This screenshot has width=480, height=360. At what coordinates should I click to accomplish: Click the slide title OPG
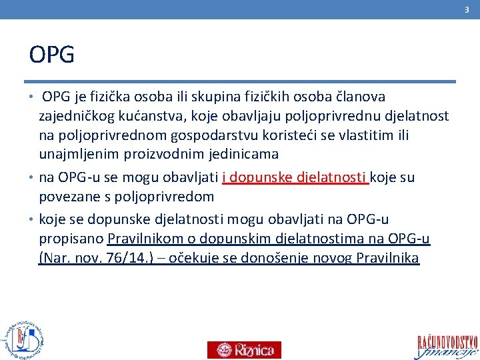52,54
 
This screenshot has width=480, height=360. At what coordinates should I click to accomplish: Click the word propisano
71,239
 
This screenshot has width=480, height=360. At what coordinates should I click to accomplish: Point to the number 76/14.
125,258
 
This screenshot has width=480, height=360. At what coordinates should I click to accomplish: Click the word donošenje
266,258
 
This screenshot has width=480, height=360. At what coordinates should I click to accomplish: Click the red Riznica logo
244,350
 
